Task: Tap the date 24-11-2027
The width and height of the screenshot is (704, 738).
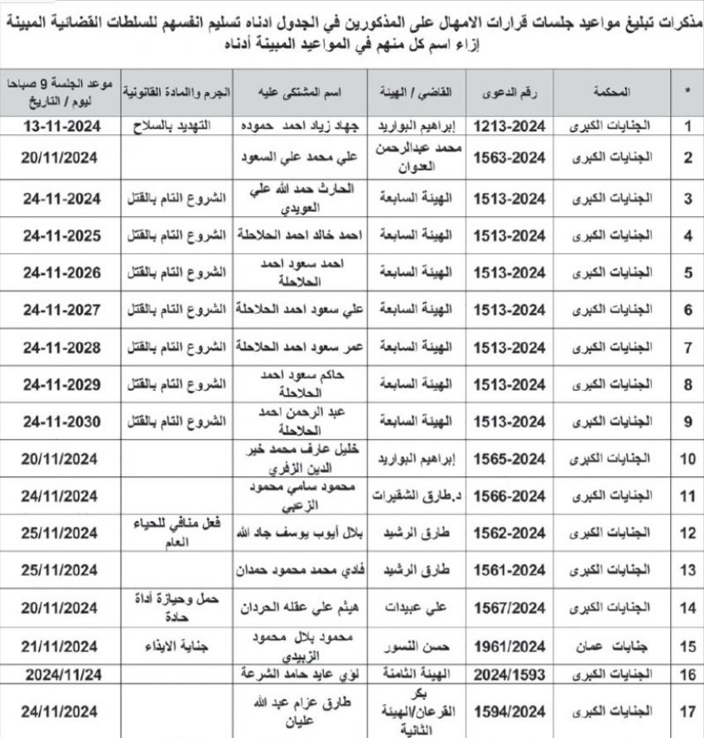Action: click(x=62, y=309)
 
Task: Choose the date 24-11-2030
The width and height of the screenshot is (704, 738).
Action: click(x=62, y=421)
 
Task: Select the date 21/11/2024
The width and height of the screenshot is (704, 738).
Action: click(x=62, y=646)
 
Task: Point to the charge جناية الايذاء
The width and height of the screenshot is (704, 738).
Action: click(x=175, y=646)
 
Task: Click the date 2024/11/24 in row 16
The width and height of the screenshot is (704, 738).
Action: click(x=62, y=675)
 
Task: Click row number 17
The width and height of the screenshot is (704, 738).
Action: click(x=687, y=711)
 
